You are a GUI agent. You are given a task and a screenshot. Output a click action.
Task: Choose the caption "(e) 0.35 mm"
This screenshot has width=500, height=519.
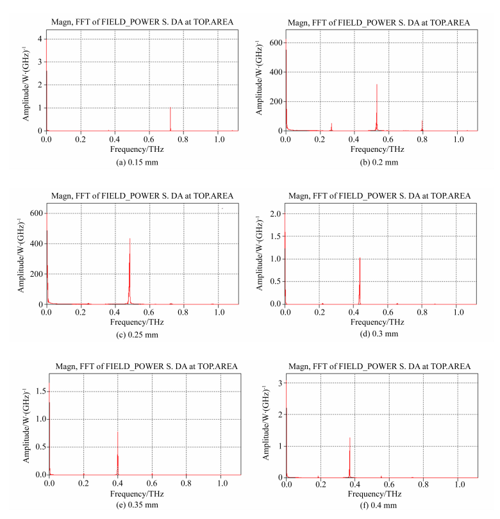134,505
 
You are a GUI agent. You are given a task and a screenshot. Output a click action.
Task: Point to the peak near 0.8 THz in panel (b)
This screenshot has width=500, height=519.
422,120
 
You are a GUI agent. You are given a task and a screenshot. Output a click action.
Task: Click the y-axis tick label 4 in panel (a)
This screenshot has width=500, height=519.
40,40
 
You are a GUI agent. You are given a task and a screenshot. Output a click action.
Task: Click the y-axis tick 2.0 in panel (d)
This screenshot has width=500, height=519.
275,213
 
